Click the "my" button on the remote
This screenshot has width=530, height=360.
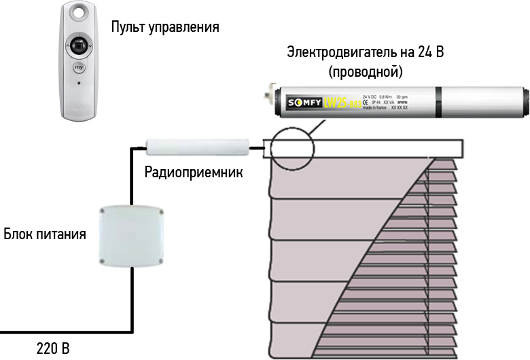(x=79, y=68)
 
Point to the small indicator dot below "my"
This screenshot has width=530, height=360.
(x=80, y=84)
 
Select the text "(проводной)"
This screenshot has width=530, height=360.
(x=366, y=70)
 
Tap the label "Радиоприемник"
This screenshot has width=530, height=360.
(x=194, y=173)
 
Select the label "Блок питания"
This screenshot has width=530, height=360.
(x=45, y=235)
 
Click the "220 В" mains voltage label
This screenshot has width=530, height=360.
(x=52, y=350)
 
